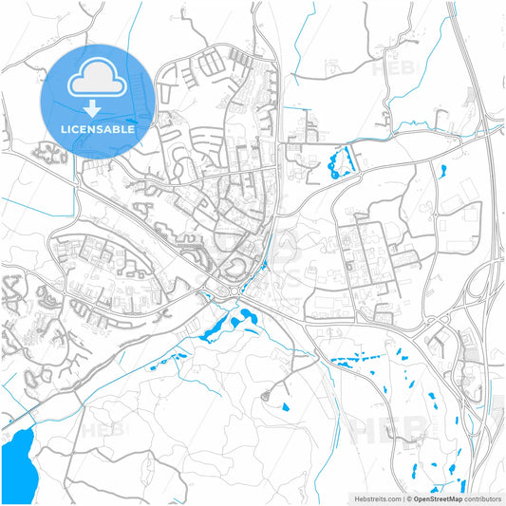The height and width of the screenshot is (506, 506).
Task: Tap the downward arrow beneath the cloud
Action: click(x=96, y=112)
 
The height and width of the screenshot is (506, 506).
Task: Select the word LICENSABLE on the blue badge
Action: click(x=96, y=128)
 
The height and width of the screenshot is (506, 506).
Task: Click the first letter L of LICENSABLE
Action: click(x=62, y=128)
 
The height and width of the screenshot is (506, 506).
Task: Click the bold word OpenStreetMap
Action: click(x=437, y=497)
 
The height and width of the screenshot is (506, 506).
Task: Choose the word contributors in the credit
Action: click(x=481, y=497)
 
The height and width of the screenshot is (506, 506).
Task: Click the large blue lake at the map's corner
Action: click(x=15, y=460)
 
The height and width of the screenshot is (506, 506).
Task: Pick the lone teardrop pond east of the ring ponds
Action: click(x=442, y=172)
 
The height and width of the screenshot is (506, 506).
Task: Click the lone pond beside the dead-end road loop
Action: click(x=285, y=406)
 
